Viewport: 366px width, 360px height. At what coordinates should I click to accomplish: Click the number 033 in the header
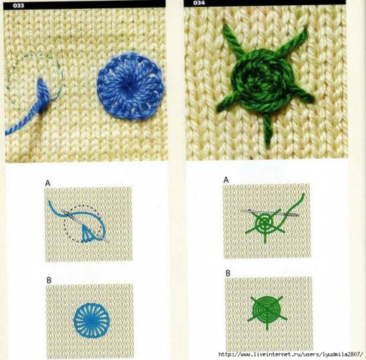18,5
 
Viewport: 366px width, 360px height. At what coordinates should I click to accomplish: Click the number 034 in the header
199,3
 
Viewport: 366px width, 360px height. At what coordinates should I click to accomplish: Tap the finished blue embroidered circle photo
131,86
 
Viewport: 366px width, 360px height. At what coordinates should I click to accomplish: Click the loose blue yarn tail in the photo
22,123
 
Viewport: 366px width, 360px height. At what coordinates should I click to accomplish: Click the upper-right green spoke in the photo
294,42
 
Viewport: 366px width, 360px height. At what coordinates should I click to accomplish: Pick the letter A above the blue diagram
47,183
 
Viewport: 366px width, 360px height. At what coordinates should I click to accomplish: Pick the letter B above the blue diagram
49,280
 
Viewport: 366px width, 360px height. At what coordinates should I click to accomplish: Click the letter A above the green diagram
226,180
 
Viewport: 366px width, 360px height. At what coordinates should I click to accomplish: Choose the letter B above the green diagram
228,273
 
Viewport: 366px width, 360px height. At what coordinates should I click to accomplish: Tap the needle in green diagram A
271,213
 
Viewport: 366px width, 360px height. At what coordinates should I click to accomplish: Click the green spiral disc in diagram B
267,310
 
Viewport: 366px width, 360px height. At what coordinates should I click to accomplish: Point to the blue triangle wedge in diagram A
87,234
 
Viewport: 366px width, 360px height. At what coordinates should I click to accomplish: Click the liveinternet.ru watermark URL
291,354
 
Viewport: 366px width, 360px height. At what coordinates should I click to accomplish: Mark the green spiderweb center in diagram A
265,222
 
